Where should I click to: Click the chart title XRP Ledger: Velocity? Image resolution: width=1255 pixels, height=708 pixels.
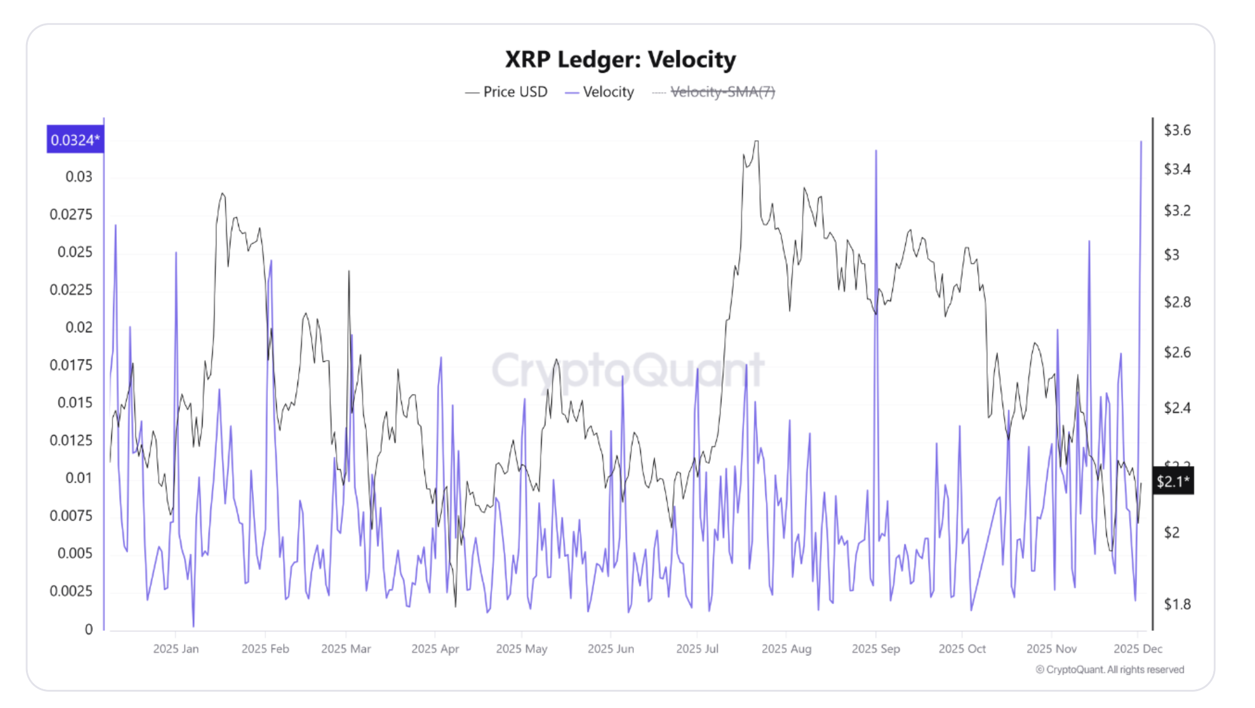[620, 59]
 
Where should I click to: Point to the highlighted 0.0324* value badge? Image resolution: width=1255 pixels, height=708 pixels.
[75, 140]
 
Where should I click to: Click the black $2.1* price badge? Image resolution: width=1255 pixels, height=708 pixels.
[1173, 481]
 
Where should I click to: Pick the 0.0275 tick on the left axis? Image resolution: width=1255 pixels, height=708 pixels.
[71, 214]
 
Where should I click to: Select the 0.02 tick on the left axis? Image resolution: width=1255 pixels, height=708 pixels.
[79, 327]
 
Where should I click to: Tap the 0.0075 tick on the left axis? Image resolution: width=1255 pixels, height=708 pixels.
[71, 516]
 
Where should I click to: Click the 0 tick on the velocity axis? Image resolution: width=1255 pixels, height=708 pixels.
[89, 629]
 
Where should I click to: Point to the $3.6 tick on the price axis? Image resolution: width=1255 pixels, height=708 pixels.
[1177, 130]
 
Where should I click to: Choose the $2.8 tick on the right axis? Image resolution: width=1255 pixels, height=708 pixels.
[1177, 302]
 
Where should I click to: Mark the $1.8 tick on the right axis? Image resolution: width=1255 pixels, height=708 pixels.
[1177, 604]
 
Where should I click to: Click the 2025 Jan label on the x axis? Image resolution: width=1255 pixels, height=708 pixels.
[175, 649]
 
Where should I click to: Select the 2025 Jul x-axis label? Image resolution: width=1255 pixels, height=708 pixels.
[697, 649]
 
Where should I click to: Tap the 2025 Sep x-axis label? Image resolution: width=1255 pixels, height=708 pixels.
[875, 649]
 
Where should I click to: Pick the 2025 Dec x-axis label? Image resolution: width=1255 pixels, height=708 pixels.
[1138, 649]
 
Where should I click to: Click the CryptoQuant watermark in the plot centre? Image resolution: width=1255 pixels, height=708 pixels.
[627, 370]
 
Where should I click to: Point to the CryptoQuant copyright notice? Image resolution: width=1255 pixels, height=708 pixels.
[1110, 669]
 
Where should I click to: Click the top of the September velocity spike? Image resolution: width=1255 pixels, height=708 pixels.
[876, 151]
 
